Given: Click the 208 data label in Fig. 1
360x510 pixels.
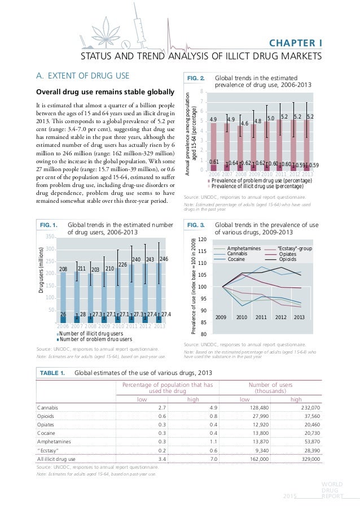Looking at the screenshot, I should (63, 272).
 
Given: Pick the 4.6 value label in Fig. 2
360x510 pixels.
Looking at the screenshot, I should (245, 123).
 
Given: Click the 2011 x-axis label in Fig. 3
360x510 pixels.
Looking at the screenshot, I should (261, 317).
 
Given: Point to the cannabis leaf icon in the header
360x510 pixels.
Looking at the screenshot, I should (106, 24).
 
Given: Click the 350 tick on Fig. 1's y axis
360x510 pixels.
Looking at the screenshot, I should (50, 237).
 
